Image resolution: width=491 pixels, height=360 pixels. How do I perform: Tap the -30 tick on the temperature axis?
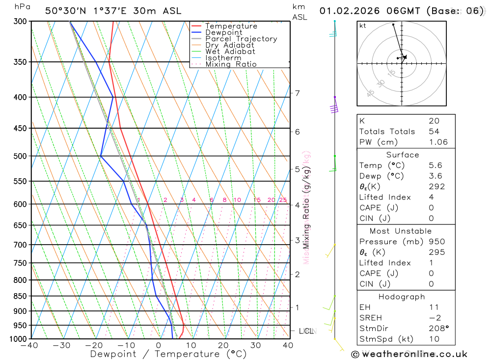pyautogui.click(x=61, y=345)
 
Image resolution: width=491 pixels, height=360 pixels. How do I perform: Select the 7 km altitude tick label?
pyautogui.click(x=297, y=93)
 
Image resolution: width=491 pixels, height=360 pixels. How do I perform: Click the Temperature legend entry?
pyautogui.click(x=231, y=26)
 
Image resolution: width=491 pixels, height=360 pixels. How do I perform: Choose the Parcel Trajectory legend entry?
pyautogui.click(x=241, y=39)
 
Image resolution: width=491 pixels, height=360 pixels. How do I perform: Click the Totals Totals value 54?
pyautogui.click(x=434, y=131)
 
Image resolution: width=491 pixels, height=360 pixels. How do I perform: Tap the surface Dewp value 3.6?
pyautogui.click(x=435, y=176)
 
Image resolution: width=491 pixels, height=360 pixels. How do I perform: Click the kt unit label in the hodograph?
pyautogui.click(x=363, y=26)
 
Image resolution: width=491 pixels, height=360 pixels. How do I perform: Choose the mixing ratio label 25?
pyautogui.click(x=283, y=200)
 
